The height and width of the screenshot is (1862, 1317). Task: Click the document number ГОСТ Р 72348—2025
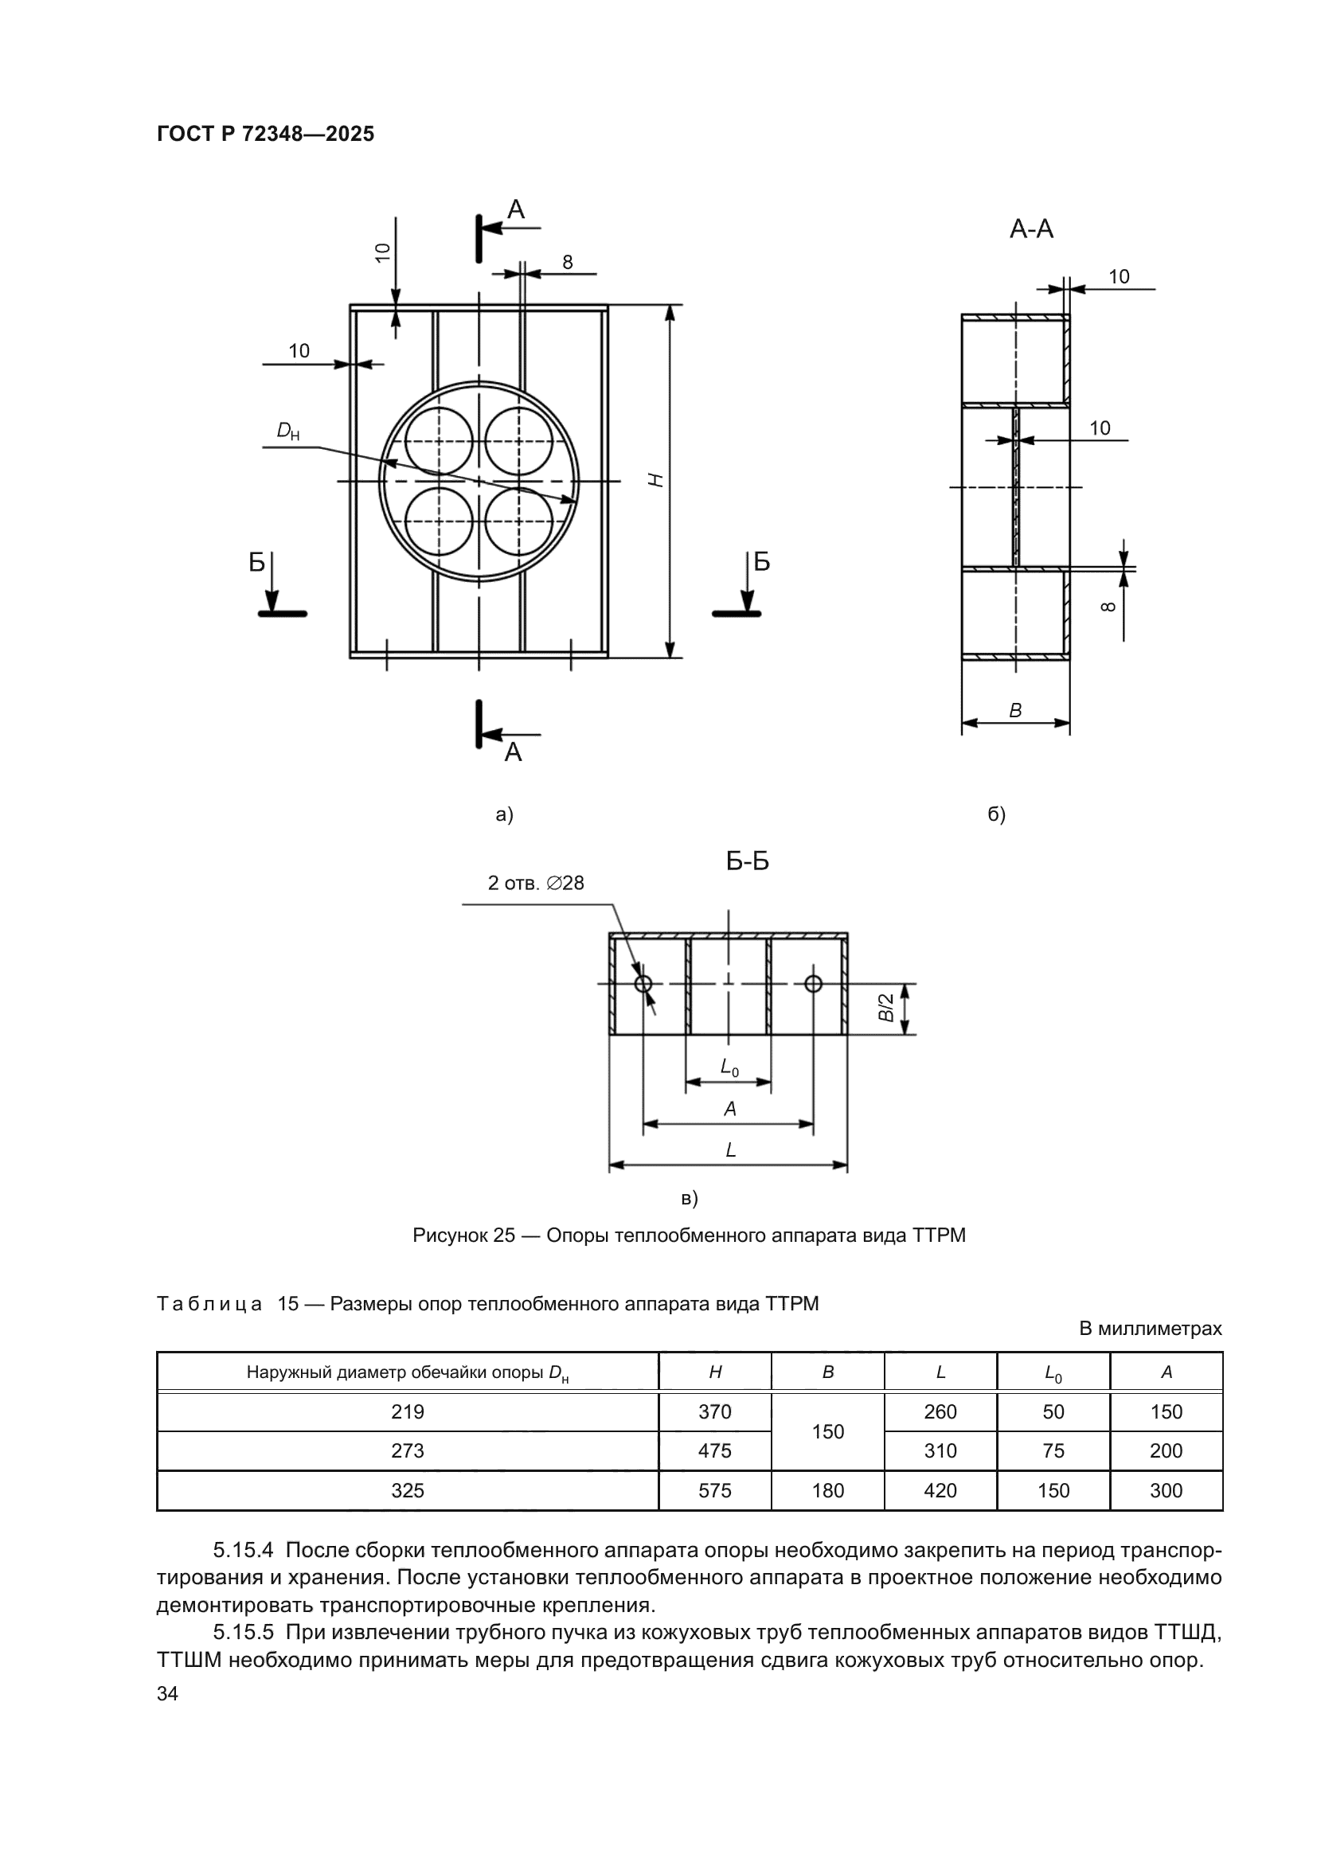[x=265, y=134]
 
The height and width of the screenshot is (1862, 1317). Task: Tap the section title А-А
[x=1030, y=229]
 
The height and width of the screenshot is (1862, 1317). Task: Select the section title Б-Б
[x=747, y=861]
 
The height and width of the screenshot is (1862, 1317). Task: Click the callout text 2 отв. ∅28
[x=535, y=883]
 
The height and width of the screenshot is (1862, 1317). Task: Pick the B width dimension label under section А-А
[x=1015, y=710]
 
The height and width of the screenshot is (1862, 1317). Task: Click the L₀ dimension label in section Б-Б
[x=729, y=1069]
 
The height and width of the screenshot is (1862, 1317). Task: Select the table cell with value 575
[x=714, y=1490]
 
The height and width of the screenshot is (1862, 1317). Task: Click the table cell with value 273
[x=407, y=1451]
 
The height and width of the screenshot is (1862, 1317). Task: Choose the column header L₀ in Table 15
[x=1053, y=1373]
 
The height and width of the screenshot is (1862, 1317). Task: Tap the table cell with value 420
[x=940, y=1490]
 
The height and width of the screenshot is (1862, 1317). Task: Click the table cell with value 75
[x=1053, y=1451]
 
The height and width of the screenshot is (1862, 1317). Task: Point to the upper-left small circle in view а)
[x=439, y=440]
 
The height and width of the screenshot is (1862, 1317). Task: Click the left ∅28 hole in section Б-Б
[x=643, y=984]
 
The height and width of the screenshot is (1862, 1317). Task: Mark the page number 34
[x=167, y=1694]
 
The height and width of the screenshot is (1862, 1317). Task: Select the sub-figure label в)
[x=690, y=1199]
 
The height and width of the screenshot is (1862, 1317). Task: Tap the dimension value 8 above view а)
[x=568, y=262]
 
